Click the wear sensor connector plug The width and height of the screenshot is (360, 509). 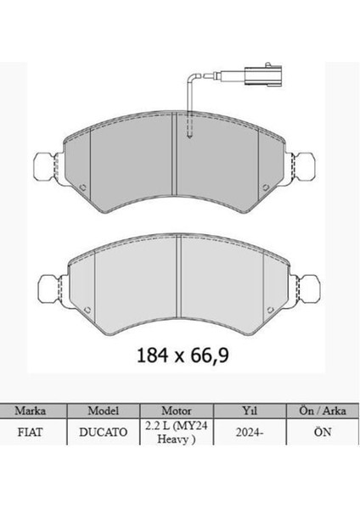tap(263, 76)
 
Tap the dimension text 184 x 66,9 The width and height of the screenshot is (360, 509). tap(183, 355)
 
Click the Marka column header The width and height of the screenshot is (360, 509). tap(31, 411)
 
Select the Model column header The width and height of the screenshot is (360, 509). tap(104, 411)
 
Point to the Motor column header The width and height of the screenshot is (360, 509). tap(177, 411)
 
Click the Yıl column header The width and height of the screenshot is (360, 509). tap(250, 411)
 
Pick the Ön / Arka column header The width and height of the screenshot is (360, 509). tap(323, 411)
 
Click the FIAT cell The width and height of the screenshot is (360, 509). tap(30, 433)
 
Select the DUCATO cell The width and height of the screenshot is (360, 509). tap(104, 433)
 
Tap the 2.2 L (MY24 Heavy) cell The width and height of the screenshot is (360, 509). tap(177, 433)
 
